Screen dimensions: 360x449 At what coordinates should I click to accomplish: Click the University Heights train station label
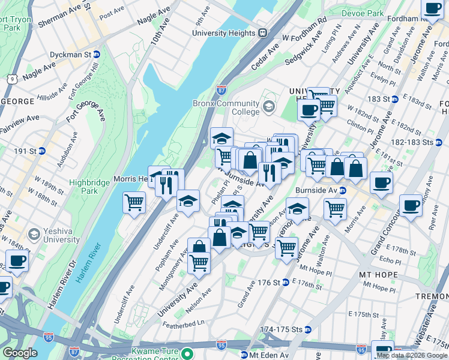pyautogui.click(x=229, y=34)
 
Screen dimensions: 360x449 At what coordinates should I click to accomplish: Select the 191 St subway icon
pyautogui.click(x=41, y=151)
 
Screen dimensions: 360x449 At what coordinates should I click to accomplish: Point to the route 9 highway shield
pyautogui.click(x=11, y=79)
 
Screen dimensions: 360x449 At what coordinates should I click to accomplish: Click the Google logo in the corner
pyautogui.click(x=20, y=353)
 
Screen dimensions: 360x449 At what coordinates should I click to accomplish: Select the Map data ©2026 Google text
pyautogui.click(x=412, y=355)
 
